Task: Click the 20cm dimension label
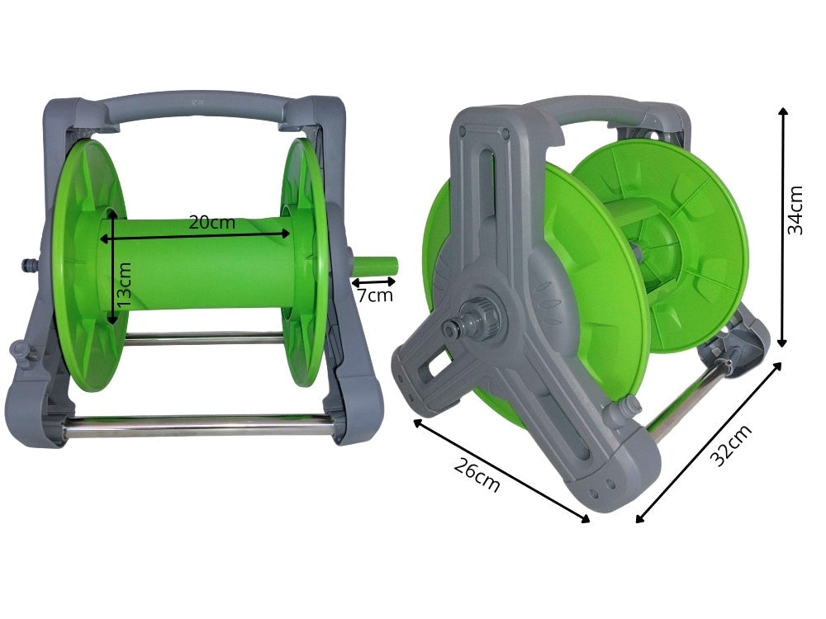[x=211, y=222]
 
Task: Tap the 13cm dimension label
[x=125, y=286]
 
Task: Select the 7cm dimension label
[x=375, y=295]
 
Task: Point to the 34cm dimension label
[x=795, y=210]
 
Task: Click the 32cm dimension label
[x=732, y=446]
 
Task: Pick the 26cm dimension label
[x=477, y=475]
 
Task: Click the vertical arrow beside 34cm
[x=783, y=226]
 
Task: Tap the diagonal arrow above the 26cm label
[x=501, y=471]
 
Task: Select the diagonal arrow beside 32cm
[x=709, y=443]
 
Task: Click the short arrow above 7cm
[x=373, y=281]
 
